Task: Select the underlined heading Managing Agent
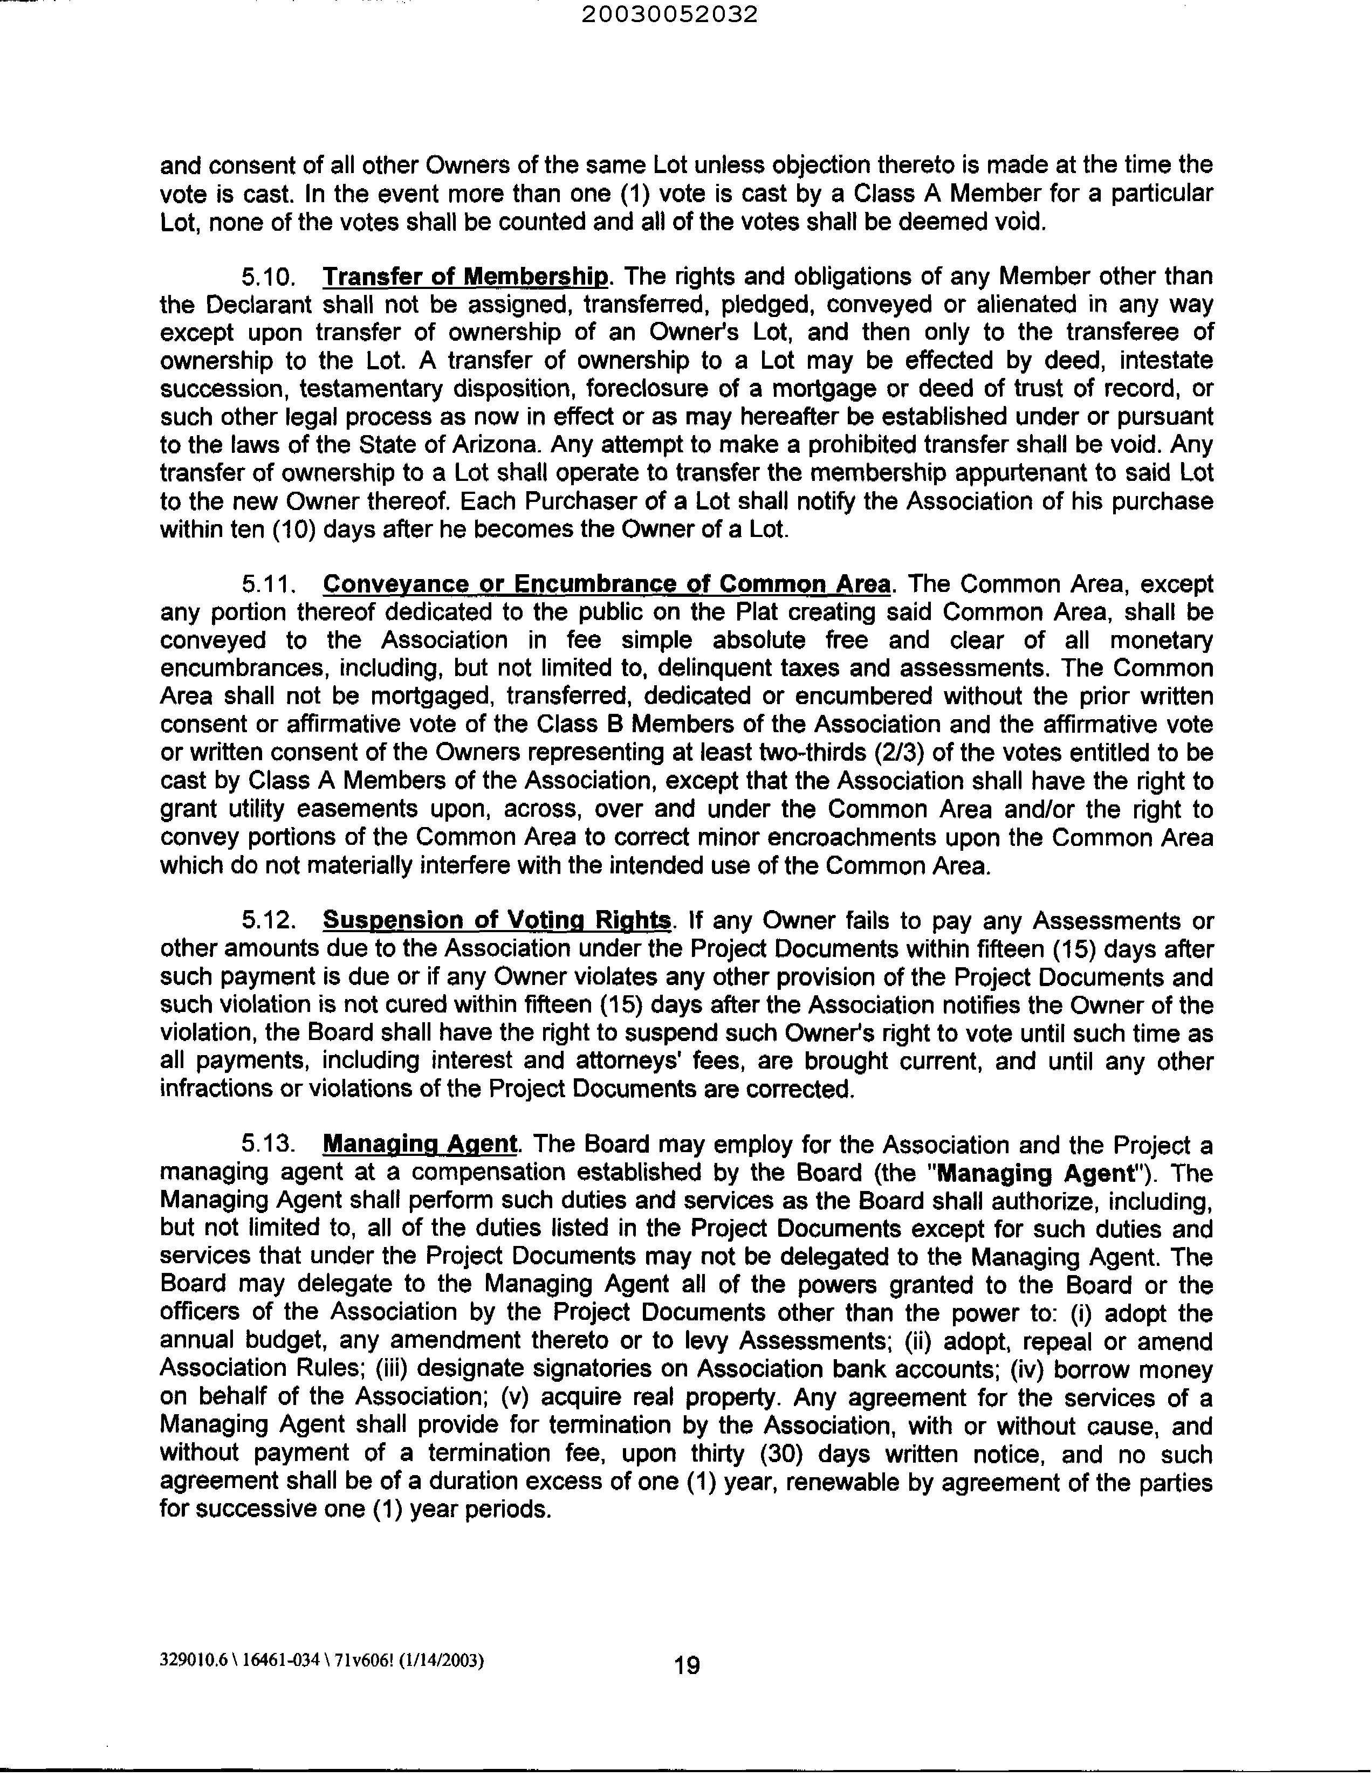(x=420, y=1144)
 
